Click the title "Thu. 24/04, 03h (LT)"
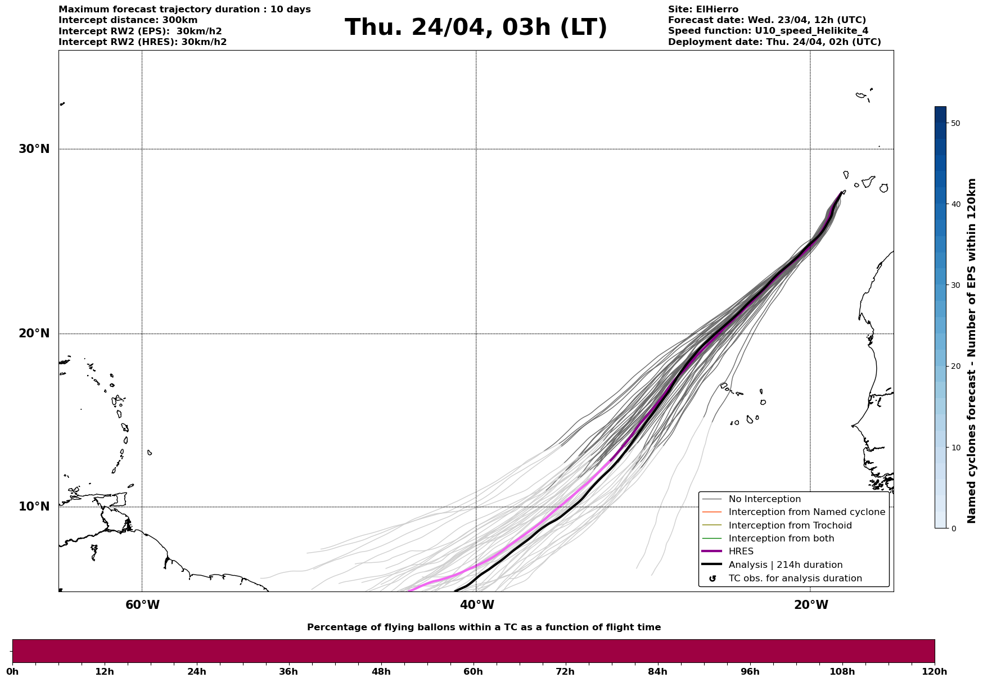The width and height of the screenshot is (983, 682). click(x=476, y=28)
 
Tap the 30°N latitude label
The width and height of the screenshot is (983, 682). click(x=34, y=149)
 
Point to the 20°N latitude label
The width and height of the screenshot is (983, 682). click(x=34, y=333)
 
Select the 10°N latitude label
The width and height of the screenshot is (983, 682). click(x=34, y=507)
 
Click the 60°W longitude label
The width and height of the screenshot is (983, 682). click(x=142, y=605)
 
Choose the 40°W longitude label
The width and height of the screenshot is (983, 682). click(x=477, y=605)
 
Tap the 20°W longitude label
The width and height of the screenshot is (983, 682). click(x=811, y=605)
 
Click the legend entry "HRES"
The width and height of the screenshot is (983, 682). click(x=741, y=552)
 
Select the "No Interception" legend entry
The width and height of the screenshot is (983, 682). click(x=764, y=499)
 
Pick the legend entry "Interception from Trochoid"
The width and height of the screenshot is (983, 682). click(x=790, y=526)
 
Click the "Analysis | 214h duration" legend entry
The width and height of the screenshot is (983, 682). click(x=785, y=565)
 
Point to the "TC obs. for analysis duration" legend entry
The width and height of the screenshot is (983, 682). click(x=795, y=579)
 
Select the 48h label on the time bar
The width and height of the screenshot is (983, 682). click(x=381, y=671)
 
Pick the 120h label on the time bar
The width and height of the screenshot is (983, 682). click(x=934, y=671)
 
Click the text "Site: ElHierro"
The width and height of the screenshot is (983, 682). click(x=703, y=10)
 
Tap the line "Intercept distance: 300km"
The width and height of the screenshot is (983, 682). click(x=128, y=20)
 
